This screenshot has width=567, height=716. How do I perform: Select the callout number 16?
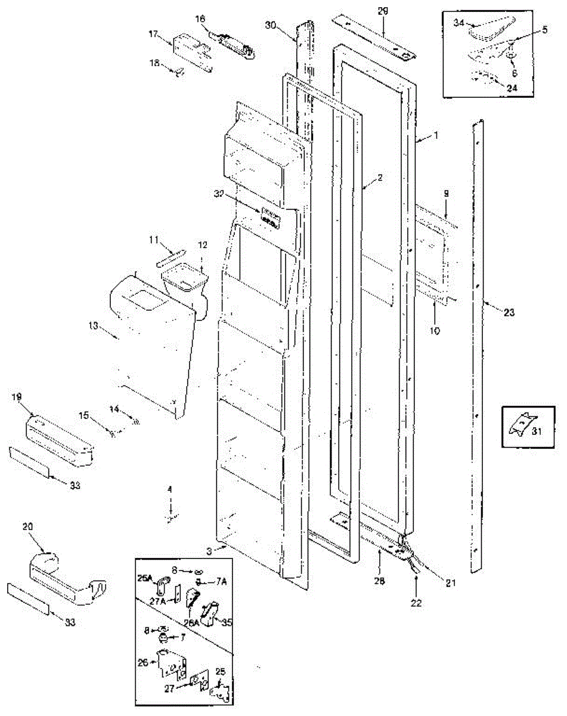pyautogui.click(x=200, y=19)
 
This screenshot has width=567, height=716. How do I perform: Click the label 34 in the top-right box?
pyautogui.click(x=459, y=23)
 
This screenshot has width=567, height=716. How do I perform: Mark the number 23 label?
pyautogui.click(x=509, y=313)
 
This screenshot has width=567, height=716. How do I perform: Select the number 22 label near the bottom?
pyautogui.click(x=416, y=603)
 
